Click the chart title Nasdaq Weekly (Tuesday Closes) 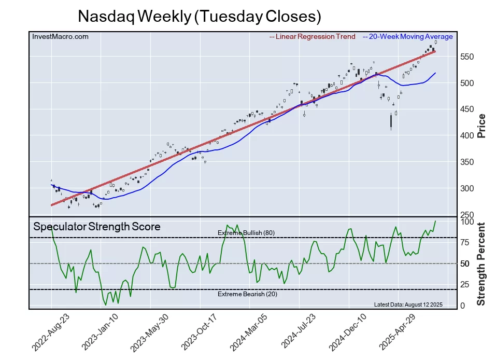[200, 17]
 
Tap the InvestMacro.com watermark [60, 36]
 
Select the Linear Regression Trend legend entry [313, 36]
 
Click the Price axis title [481, 125]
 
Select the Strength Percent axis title [481, 264]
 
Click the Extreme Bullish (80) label [246, 233]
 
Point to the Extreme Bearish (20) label [246, 295]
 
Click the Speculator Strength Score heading [96, 227]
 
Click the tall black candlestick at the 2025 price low [391, 121]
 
